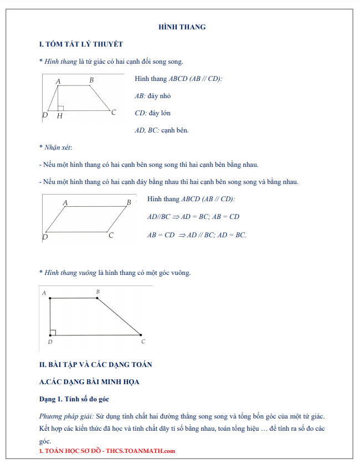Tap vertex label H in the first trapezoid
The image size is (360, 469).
pyautogui.click(x=59, y=116)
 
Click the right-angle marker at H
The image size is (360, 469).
pyautogui.click(x=61, y=108)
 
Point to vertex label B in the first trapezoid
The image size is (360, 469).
pyautogui.click(x=91, y=80)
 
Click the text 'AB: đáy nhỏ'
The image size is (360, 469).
pyautogui.click(x=153, y=96)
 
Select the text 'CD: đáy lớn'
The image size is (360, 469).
pyautogui.click(x=153, y=113)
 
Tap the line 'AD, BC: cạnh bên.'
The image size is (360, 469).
pyautogui.click(x=162, y=130)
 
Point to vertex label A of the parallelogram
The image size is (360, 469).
pyautogui.click(x=65, y=203)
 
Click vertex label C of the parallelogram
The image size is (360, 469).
pyautogui.click(x=111, y=236)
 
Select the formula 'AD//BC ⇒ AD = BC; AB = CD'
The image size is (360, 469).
pyautogui.click(x=193, y=217)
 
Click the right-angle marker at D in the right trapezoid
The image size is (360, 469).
pyautogui.click(x=53, y=333)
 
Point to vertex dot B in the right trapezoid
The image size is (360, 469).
pyautogui.click(x=97, y=298)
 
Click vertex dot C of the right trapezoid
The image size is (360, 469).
pyautogui.click(x=141, y=335)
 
